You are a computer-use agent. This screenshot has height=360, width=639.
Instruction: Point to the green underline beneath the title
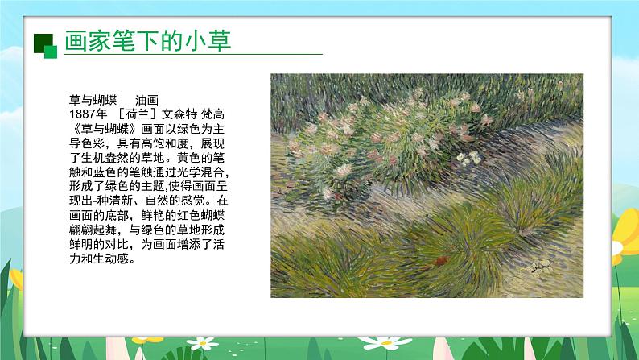click(193, 55)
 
